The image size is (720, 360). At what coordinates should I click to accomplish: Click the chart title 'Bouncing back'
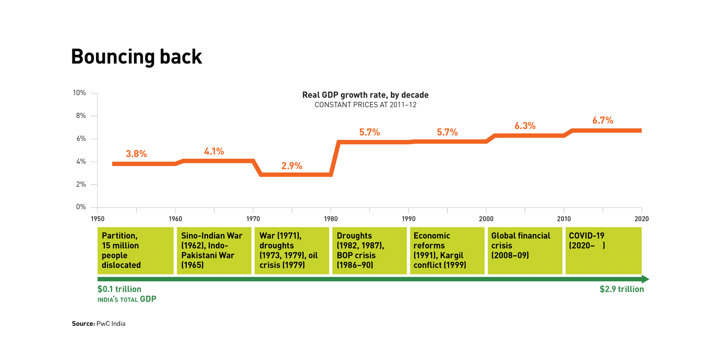(x=136, y=57)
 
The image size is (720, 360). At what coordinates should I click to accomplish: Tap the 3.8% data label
(x=136, y=154)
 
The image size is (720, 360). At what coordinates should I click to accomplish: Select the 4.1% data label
(x=214, y=152)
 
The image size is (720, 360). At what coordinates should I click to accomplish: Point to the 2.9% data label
(x=292, y=166)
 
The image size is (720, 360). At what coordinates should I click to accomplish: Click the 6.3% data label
(x=525, y=126)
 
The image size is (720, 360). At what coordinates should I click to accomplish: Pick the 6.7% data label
(x=603, y=121)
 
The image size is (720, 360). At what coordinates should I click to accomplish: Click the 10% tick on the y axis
(x=80, y=93)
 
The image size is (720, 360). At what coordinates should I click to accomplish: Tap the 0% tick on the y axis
(x=81, y=207)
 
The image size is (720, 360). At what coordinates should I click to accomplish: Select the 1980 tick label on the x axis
(x=331, y=219)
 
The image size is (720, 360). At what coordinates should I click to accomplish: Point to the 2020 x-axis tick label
(x=641, y=219)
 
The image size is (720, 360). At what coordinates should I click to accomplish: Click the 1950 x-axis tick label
(x=98, y=219)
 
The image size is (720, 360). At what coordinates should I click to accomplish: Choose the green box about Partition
(x=135, y=251)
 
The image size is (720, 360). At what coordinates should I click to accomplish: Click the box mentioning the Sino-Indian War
(x=214, y=251)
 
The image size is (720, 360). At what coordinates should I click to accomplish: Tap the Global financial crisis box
(x=525, y=251)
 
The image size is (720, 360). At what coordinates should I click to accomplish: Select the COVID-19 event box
(x=603, y=251)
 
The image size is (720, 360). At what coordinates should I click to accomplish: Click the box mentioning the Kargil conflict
(x=447, y=251)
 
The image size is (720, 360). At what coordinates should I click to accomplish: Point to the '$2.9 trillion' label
(x=621, y=289)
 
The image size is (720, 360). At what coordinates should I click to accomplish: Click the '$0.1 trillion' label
(x=119, y=289)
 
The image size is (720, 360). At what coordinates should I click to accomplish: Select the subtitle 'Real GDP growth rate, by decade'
(x=365, y=95)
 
